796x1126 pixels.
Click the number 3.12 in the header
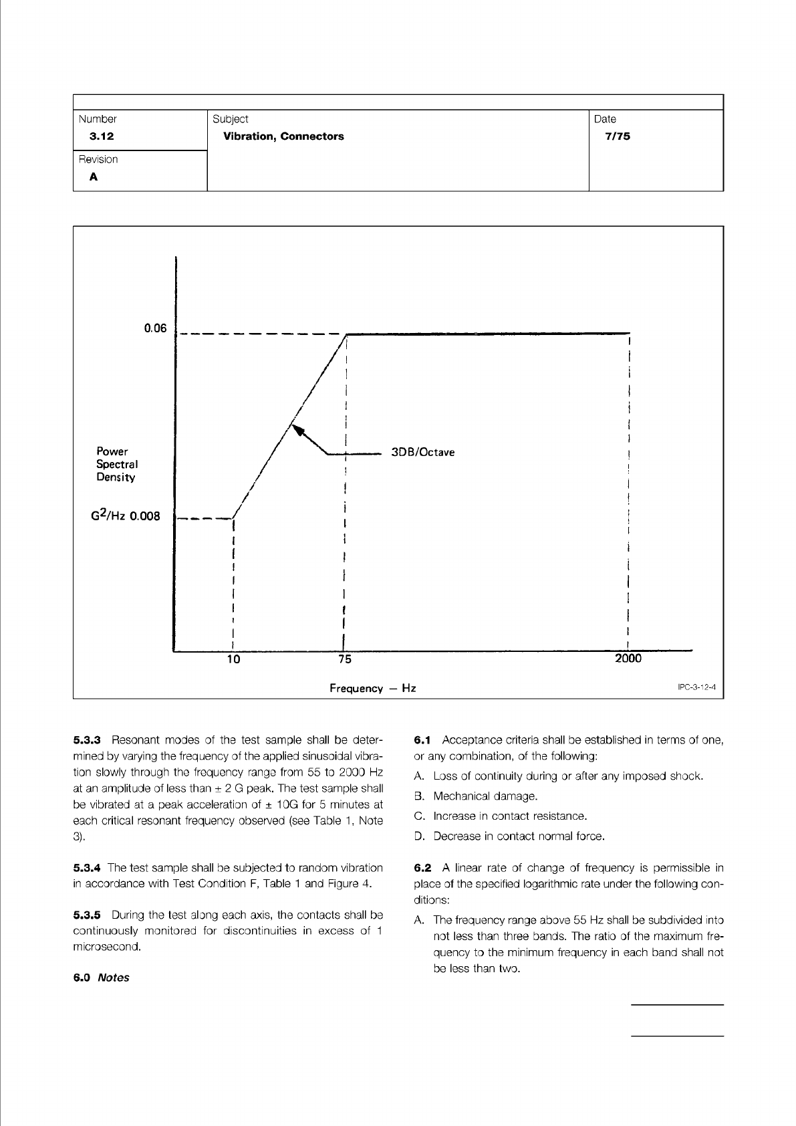[102, 136]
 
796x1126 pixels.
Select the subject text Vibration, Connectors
[283, 136]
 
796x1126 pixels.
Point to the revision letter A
[94, 177]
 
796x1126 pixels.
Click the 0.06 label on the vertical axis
[155, 328]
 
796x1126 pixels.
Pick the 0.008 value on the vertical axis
[145, 516]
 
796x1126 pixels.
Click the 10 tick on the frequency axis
[233, 659]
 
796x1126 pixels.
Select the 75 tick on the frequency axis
[345, 659]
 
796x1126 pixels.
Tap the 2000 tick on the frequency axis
[628, 659]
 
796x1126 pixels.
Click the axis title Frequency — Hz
[372, 688]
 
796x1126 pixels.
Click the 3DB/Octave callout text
[422, 452]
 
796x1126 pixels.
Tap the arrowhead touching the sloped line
[298, 429]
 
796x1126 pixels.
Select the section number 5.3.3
[86, 740]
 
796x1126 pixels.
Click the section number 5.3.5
[86, 915]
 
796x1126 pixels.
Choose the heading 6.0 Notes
[101, 978]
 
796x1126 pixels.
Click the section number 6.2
[424, 869]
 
